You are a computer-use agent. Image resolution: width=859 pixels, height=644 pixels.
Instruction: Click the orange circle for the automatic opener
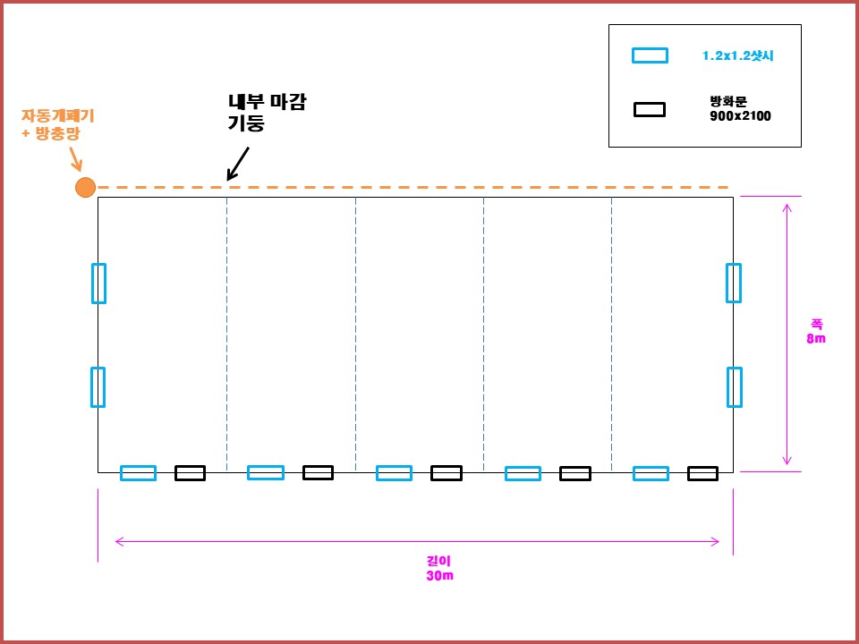[86, 187]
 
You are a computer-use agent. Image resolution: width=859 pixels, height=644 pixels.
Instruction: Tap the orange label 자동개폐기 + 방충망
[57, 125]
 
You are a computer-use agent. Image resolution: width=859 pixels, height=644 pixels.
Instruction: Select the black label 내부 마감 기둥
[267, 113]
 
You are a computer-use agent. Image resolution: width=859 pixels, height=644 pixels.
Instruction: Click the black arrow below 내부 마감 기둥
[238, 163]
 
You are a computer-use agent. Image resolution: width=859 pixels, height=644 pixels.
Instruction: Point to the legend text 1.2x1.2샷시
[738, 55]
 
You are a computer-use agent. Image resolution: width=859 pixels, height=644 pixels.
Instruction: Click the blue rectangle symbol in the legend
[650, 55]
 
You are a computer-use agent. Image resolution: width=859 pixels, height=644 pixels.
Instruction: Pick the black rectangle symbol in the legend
[650, 109]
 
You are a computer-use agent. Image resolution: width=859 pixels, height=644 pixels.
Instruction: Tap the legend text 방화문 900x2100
[740, 109]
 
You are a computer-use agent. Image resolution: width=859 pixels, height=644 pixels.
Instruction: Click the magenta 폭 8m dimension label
[816, 331]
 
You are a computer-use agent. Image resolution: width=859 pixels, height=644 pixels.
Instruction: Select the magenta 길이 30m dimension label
[440, 569]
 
